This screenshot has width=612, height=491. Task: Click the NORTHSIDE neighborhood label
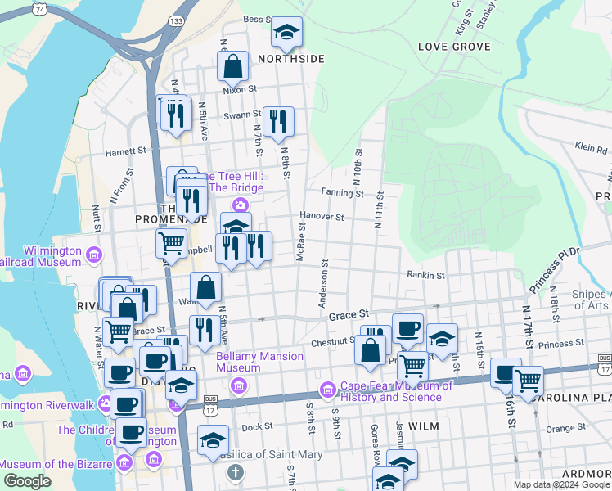(x=291, y=59)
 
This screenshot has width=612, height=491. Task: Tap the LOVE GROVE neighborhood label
(x=454, y=47)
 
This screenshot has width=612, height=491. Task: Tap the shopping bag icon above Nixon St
(x=233, y=66)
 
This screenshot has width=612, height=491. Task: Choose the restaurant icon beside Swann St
(x=278, y=121)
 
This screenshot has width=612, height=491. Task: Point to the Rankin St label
(x=425, y=277)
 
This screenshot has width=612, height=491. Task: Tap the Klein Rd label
(x=591, y=148)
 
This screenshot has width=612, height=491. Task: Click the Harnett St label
(x=125, y=151)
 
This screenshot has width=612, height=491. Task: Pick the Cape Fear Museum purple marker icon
(x=328, y=387)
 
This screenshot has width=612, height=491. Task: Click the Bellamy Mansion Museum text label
(x=259, y=362)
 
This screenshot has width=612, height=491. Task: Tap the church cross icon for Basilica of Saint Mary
(x=236, y=472)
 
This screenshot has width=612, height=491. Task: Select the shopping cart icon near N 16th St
(x=528, y=380)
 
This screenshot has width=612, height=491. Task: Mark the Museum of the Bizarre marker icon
(x=124, y=464)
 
